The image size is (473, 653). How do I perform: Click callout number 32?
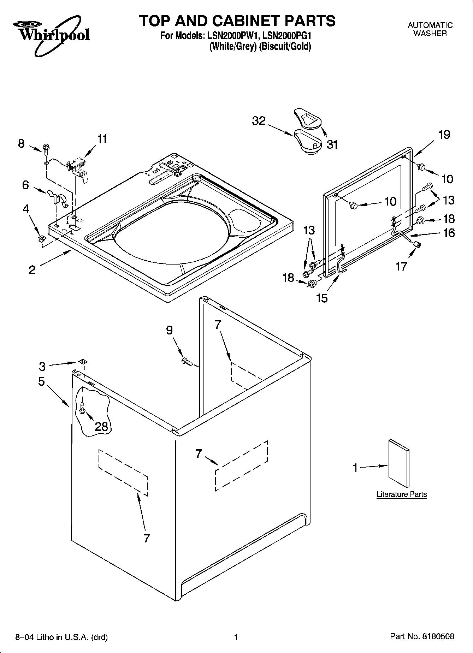tap(259, 121)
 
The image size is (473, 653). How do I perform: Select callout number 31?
tap(332, 144)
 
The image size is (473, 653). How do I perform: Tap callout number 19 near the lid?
tap(444, 135)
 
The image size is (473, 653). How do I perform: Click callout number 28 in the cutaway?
tap(101, 427)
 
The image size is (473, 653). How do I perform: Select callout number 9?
tap(169, 330)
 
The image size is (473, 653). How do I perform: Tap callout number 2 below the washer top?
tap(32, 270)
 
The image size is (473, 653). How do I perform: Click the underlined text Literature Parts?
tap(402, 494)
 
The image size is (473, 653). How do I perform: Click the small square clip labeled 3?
tap(83, 361)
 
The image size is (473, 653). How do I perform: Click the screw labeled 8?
tap(46, 148)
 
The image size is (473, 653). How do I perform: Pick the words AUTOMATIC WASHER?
tap(430, 29)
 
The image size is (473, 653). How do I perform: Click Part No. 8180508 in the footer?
tap(422, 637)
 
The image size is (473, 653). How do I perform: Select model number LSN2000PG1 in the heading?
tap(287, 36)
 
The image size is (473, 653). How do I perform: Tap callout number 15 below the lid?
tap(322, 298)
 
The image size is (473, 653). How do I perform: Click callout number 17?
tap(401, 266)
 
